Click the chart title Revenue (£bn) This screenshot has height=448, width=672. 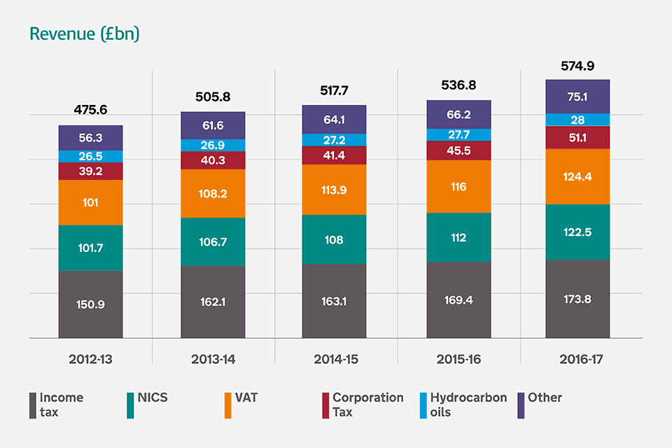pos(84,34)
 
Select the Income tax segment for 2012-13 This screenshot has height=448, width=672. pos(91,304)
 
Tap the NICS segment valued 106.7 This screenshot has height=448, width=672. pos(213,241)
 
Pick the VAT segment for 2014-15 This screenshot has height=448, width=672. pos(334,190)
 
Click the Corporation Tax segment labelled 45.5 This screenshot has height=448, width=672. pos(458,150)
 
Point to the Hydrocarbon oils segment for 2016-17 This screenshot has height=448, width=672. pos(577,120)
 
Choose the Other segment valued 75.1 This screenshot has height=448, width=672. pos(577,96)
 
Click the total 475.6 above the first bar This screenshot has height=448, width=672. pos(91,110)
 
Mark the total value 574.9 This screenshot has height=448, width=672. pos(577,66)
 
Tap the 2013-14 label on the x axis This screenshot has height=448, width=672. pos(213,359)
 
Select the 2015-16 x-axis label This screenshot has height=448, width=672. pos(458,359)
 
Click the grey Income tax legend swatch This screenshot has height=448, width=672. pos(32,405)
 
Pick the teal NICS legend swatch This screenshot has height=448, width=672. pos(130,405)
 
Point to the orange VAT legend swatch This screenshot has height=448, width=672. pos(227,405)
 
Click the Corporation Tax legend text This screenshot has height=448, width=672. pos(367,405)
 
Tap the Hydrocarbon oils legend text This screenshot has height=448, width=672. pos(468,405)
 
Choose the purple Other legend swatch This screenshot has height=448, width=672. pos(521,405)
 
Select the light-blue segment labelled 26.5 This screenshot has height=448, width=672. pos(91,156)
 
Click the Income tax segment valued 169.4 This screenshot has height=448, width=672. pos(458,300)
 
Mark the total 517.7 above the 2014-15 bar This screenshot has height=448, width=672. pos(334,90)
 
